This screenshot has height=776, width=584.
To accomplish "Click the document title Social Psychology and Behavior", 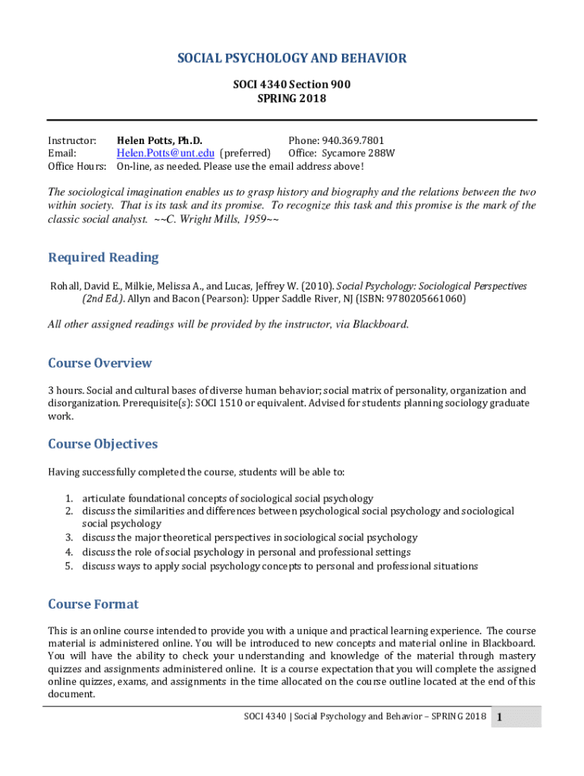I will point(292,58).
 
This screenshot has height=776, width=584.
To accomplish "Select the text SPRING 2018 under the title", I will point(292,99).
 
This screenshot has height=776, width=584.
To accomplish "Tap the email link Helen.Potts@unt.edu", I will point(165,153).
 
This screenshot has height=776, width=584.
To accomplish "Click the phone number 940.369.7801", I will point(353,140).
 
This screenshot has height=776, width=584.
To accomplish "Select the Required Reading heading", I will point(103,258).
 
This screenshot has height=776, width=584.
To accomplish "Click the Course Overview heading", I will point(100,363).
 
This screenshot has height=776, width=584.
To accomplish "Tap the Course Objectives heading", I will point(103,443).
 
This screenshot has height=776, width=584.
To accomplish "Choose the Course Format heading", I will point(93,604).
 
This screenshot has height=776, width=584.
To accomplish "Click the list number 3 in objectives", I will point(68,538).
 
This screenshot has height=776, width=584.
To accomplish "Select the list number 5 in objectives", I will point(68,566).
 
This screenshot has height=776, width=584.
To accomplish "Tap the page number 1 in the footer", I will point(501,718).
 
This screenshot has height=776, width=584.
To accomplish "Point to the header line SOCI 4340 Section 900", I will point(292,85).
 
